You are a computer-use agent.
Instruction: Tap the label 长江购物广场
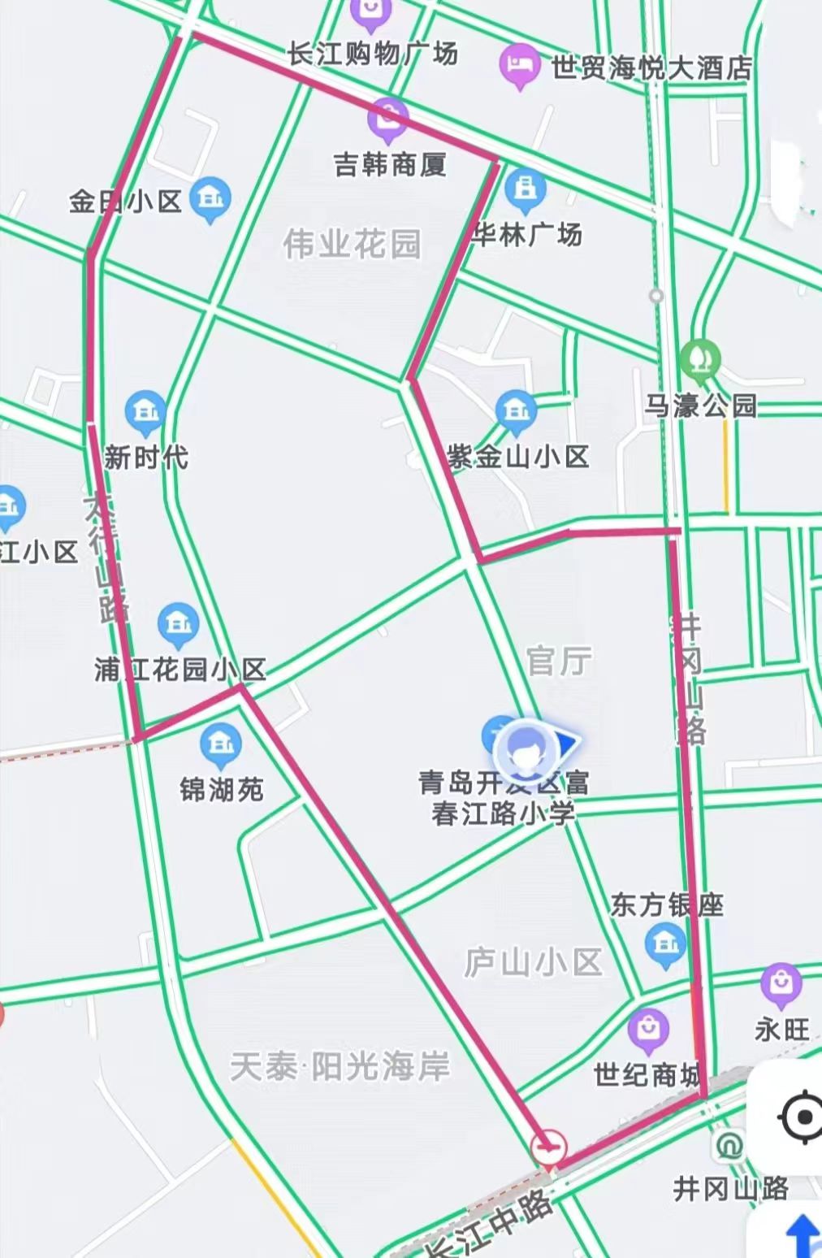372,54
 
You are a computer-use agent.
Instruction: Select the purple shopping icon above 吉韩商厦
388,117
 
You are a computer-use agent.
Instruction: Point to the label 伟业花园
353,243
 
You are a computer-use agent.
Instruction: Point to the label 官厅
559,662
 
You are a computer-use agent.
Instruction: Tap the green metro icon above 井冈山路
729,1147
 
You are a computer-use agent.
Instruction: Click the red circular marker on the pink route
549,1148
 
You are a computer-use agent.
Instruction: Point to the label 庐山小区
533,962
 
